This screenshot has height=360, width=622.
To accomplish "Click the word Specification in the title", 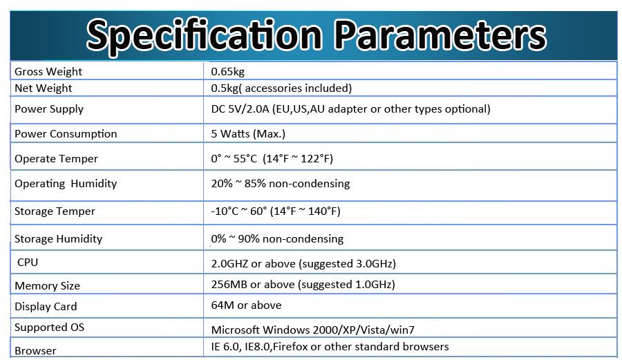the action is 204,36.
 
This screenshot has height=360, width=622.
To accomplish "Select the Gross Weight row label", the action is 48,72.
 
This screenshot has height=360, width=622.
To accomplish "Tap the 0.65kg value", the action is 227,72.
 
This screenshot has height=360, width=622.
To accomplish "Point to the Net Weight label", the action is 44,88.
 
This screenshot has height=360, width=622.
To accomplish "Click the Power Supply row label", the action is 49,109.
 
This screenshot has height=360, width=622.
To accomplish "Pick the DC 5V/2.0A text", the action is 240,109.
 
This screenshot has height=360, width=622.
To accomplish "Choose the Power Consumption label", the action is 66,134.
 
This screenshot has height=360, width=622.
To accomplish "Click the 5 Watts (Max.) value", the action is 248,134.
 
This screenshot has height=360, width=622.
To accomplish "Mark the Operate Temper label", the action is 57,159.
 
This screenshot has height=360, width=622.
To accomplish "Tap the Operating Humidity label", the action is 66,184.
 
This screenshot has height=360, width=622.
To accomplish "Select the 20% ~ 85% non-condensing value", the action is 281,184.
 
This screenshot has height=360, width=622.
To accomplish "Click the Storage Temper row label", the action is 55,211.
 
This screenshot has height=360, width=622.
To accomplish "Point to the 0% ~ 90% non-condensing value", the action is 277,238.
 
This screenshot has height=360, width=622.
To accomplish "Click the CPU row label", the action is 28,263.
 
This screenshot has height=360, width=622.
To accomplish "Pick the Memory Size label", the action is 47,286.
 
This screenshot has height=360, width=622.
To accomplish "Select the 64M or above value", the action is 246,305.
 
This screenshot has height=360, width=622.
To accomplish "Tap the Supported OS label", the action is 50,328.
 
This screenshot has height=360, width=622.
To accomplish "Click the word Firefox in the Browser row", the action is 290,346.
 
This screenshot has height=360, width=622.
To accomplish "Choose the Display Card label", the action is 46,307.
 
